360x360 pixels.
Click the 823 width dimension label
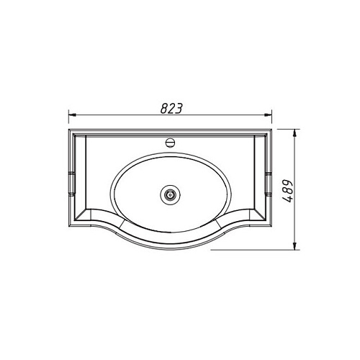pyautogui.click(x=171, y=109)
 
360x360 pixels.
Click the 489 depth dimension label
pyautogui.click(x=287, y=191)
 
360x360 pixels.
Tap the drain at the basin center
pyautogui.click(x=170, y=194)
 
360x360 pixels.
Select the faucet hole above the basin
pyautogui.click(x=170, y=143)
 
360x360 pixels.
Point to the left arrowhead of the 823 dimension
pyautogui.click(x=72, y=115)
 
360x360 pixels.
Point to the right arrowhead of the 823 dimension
pyautogui.click(x=268, y=115)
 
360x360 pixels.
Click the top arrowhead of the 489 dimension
pyautogui.click(x=295, y=133)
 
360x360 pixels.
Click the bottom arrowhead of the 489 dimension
pyautogui.click(x=295, y=246)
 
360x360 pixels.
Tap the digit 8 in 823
pyautogui.click(x=164, y=109)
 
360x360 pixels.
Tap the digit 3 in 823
pyautogui.click(x=179, y=109)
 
